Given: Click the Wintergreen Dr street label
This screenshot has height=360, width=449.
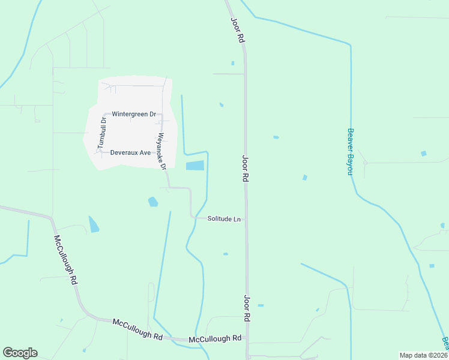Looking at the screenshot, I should (134, 114).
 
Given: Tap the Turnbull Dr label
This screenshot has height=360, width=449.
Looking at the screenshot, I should (102, 133).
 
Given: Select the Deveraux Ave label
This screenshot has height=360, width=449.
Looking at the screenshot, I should (130, 152).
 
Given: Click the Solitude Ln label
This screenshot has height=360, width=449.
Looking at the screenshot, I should (224, 219).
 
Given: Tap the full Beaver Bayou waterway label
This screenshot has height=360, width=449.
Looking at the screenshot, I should (349, 151).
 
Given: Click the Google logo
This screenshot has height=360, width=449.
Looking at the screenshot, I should (20, 353).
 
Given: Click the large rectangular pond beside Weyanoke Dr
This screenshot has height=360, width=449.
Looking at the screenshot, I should (195, 166).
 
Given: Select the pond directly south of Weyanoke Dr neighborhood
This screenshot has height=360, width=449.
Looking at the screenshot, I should (153, 202).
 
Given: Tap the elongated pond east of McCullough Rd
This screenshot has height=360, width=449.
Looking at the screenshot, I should (94, 224).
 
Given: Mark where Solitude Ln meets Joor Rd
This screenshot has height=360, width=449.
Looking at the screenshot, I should (246, 219).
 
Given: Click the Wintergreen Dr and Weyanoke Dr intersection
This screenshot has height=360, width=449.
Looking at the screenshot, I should (161, 114).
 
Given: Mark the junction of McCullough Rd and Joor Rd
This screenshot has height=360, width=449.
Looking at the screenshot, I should (246, 339).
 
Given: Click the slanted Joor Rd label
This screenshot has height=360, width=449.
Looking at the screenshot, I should (237, 29).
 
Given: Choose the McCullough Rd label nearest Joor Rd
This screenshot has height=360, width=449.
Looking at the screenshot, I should (214, 339).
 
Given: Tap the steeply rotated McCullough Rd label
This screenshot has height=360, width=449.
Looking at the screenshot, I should (66, 259).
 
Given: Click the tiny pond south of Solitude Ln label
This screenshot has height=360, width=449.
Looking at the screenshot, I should (226, 254).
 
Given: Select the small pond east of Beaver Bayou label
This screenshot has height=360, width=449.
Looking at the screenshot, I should (424, 154).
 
